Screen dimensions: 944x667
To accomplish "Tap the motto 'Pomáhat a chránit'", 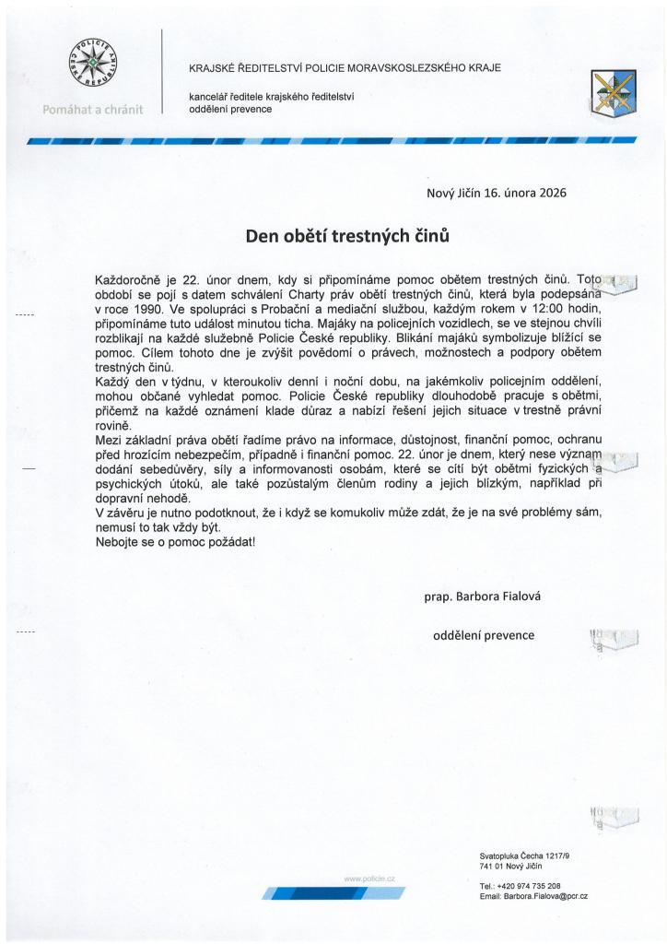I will click(x=92, y=110).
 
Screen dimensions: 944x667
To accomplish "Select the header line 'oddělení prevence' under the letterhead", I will click(x=230, y=109).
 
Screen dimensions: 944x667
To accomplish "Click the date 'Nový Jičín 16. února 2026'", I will click(x=496, y=194).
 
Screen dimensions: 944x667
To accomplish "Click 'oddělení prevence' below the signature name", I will click(x=484, y=635).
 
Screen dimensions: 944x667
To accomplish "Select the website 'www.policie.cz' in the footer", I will click(x=369, y=879).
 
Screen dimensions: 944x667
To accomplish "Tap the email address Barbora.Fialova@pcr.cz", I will click(x=533, y=896).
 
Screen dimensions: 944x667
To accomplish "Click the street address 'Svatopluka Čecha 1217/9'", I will click(x=524, y=856).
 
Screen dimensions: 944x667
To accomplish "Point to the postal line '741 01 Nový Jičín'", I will click(x=510, y=867).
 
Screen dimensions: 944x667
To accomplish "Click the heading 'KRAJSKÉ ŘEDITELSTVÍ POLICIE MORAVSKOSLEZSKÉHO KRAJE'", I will click(x=345, y=68).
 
